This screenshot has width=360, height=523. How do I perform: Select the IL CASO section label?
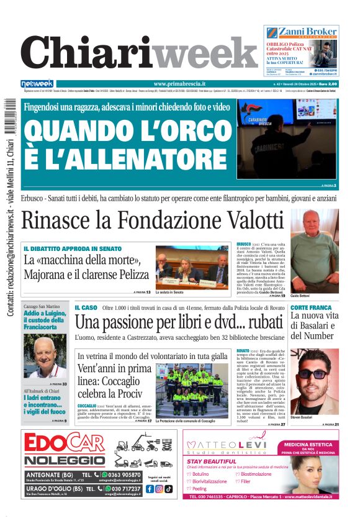[86, 307]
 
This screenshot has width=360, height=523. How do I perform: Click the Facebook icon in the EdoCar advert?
[149, 489]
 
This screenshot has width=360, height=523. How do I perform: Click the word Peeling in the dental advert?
[200, 489]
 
